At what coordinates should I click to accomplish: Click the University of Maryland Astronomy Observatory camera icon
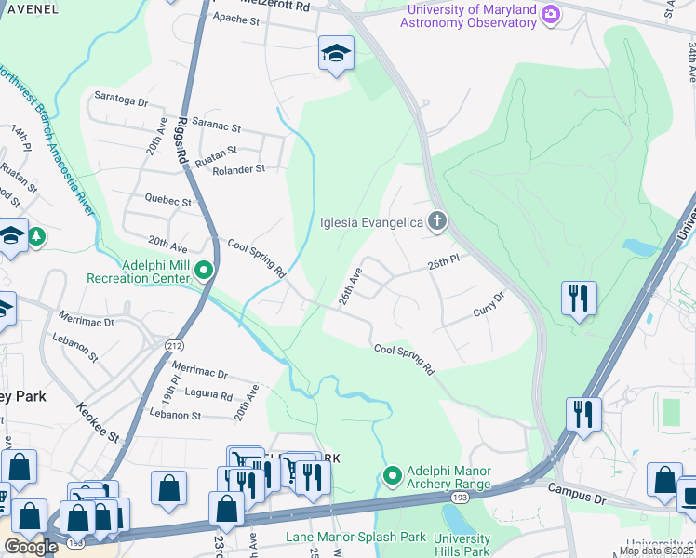point(551,14)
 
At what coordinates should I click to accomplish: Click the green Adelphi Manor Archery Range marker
point(393,477)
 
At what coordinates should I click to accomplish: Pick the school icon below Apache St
point(335,53)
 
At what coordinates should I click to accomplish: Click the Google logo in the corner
point(31,547)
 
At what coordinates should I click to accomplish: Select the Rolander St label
point(238,169)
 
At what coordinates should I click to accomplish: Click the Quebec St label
point(167,200)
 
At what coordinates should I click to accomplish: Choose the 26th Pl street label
point(444,263)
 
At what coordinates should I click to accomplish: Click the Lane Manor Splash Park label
point(355,537)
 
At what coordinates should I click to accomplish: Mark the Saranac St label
point(216,127)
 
